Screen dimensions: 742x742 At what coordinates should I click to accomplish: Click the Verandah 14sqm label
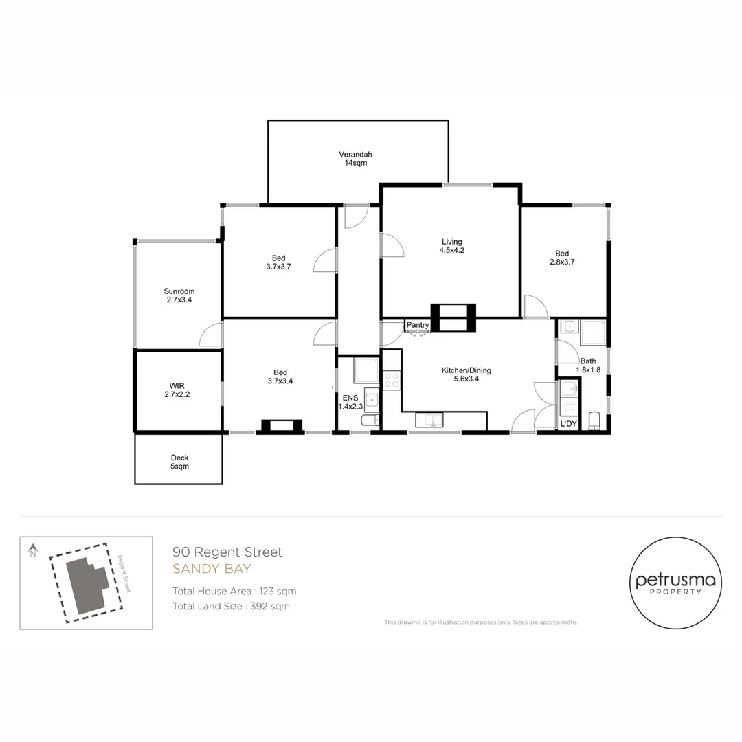tap(355, 159)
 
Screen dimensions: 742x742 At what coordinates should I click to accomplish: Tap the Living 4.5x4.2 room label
tap(451, 246)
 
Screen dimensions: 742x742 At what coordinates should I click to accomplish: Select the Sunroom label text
tap(179, 291)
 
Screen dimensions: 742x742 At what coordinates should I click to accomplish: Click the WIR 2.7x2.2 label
tap(177, 390)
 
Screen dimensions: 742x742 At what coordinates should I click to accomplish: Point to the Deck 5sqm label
tap(179, 462)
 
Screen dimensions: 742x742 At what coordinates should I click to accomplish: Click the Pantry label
tap(418, 325)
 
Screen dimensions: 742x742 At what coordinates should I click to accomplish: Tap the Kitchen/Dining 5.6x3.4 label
tap(466, 374)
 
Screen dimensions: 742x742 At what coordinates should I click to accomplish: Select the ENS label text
tap(350, 398)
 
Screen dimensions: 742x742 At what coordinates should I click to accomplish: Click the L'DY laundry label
tap(568, 423)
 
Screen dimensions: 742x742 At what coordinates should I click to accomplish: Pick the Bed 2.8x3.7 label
tap(562, 258)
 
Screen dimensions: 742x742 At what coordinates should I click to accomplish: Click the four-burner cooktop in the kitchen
tap(392, 380)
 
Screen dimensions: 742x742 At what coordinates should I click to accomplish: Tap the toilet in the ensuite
tap(370, 420)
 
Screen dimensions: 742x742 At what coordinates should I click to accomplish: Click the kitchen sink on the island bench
tap(429, 420)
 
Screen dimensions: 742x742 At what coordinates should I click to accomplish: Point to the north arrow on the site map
tap(33, 550)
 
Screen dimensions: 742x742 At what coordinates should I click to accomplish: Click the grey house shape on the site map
tap(87, 585)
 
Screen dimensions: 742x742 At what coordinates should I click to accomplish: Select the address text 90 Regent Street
tap(227, 552)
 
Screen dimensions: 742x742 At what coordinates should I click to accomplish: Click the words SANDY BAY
tap(212, 569)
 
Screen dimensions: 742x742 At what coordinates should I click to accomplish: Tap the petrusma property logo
tap(675, 583)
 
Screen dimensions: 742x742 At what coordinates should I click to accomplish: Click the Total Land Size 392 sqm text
tap(231, 606)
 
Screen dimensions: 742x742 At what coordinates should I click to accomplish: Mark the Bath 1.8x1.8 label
tap(588, 366)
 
